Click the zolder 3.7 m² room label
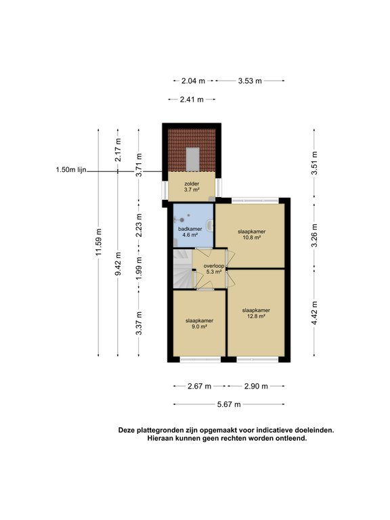[192, 187]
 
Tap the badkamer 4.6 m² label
[190, 232]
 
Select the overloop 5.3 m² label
[213, 269]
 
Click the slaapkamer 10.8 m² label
[252, 234]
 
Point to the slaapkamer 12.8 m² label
[256, 313]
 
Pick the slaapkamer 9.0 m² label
[199, 324]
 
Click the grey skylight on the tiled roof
[192, 159]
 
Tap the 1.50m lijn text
[71, 170]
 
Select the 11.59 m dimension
[98, 242]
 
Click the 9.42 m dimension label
[118, 265]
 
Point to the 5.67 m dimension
[229, 404]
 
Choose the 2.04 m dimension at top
[194, 81]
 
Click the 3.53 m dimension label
[250, 81]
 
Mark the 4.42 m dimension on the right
[314, 313]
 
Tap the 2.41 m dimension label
[192, 99]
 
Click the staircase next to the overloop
[183, 269]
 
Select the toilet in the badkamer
[209, 225]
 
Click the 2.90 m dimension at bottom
[256, 386]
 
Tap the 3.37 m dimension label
[139, 323]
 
